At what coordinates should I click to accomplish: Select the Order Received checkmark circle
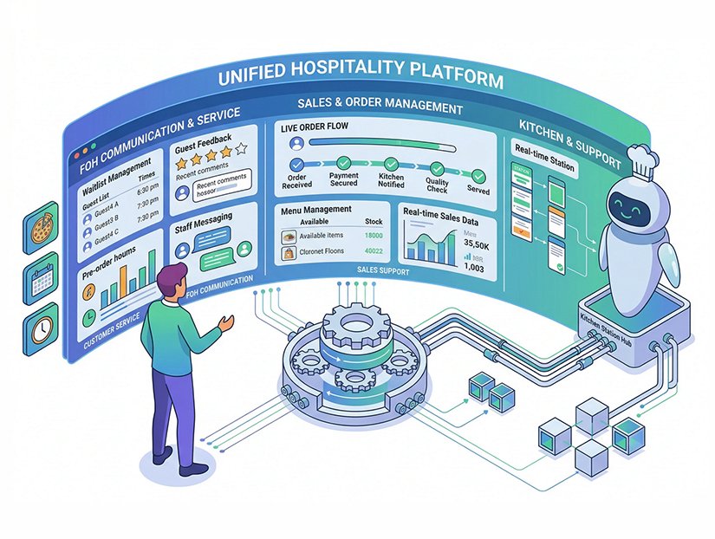coord(297,163)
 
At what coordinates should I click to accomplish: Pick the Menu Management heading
coord(316,210)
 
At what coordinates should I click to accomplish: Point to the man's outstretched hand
coord(227,323)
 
